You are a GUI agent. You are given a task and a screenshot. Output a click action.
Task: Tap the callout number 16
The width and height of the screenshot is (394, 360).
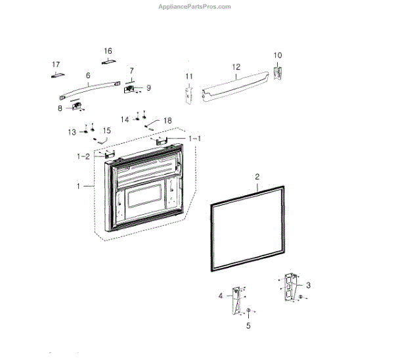108,51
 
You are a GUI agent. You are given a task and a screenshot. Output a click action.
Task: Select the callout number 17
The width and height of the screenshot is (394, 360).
56,64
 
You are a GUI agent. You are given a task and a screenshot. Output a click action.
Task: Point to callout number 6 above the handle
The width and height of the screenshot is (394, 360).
88,76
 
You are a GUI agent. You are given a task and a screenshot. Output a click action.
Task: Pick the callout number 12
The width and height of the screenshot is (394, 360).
236,67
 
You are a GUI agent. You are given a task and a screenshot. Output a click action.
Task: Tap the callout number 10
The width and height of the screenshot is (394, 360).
277,55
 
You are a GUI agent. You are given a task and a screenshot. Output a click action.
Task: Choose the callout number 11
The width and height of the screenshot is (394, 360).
189,77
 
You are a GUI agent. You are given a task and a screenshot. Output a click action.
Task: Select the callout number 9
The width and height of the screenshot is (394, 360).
148,87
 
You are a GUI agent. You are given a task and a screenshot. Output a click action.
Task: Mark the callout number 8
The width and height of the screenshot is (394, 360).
60,108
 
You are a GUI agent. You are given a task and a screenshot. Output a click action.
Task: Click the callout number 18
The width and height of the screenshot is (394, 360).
168,121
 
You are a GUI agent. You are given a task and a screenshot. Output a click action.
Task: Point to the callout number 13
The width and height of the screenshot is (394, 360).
72,132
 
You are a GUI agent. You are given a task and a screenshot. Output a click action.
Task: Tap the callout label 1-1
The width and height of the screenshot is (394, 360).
195,139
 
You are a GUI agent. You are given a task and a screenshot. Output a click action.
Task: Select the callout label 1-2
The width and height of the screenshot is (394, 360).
83,156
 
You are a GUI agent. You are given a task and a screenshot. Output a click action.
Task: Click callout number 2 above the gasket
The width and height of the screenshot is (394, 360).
257,177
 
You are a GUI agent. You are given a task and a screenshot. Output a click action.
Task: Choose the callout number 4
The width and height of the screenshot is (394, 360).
221,296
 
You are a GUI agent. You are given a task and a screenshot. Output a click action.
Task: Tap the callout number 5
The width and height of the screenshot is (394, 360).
249,325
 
